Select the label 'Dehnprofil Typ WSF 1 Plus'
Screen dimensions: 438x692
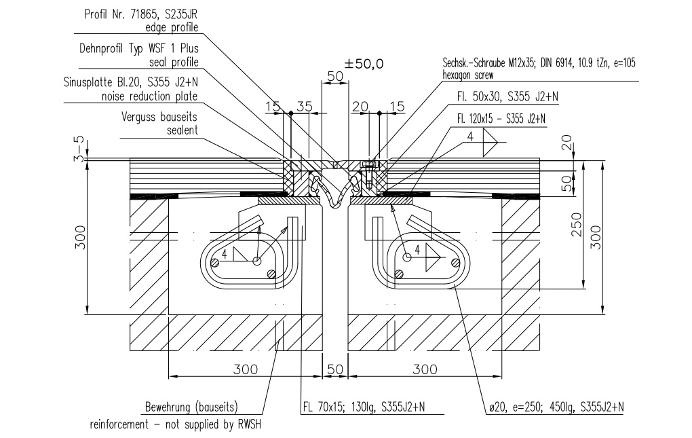(139, 49)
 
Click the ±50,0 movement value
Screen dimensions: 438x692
(364, 64)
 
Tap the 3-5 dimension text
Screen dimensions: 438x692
(79, 147)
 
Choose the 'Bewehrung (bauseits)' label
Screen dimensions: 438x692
(191, 408)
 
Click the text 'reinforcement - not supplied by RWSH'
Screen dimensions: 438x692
(176, 425)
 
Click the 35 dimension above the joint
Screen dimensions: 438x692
(305, 106)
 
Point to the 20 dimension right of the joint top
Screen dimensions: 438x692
(361, 106)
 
